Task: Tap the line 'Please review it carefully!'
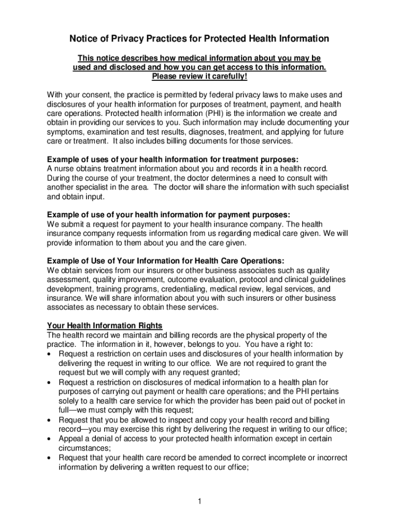pos(199,77)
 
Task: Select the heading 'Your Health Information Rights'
pos(105,326)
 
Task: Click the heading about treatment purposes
pos(173,159)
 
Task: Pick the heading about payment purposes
pos(168,214)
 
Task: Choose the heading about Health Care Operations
pos(165,260)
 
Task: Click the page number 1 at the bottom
pos(199,501)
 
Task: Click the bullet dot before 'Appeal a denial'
pos(49,439)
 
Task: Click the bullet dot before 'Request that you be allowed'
pos(49,420)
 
